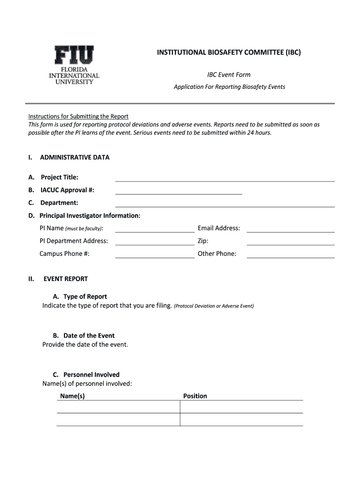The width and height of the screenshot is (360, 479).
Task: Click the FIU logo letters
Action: pyautogui.click(x=74, y=56)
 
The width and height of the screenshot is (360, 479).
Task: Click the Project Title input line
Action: pyautogui.click(x=225, y=178)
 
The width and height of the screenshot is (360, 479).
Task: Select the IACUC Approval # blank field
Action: pyautogui.click(x=179, y=190)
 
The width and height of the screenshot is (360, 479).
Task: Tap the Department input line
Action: pyautogui.click(x=225, y=203)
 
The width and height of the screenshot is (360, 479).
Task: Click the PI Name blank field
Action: pyautogui.click(x=155, y=229)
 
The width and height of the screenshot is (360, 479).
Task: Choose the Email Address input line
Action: pyautogui.click(x=290, y=229)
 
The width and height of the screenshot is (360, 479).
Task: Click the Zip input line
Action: pyautogui.click(x=290, y=241)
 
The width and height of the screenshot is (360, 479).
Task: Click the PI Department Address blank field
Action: pyautogui.click(x=155, y=241)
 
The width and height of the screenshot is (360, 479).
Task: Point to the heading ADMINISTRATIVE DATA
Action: pyautogui.click(x=75, y=157)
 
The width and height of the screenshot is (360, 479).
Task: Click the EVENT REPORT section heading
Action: pyautogui.click(x=65, y=279)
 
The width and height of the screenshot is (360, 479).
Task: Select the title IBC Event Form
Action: pyautogui.click(x=229, y=75)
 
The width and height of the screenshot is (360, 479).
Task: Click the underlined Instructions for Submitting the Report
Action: pyautogui.click(x=78, y=116)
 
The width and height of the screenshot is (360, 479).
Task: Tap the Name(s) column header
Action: pyautogui.click(x=72, y=396)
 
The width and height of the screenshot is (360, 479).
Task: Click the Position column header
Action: pyautogui.click(x=195, y=396)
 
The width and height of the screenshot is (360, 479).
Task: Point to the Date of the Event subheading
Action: pyautogui.click(x=89, y=335)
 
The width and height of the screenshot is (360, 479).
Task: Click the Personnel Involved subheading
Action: pyautogui.click(x=91, y=374)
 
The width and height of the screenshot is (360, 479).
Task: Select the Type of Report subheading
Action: pyautogui.click(x=85, y=297)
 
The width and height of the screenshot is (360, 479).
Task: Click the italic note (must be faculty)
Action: pyautogui.click(x=84, y=229)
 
